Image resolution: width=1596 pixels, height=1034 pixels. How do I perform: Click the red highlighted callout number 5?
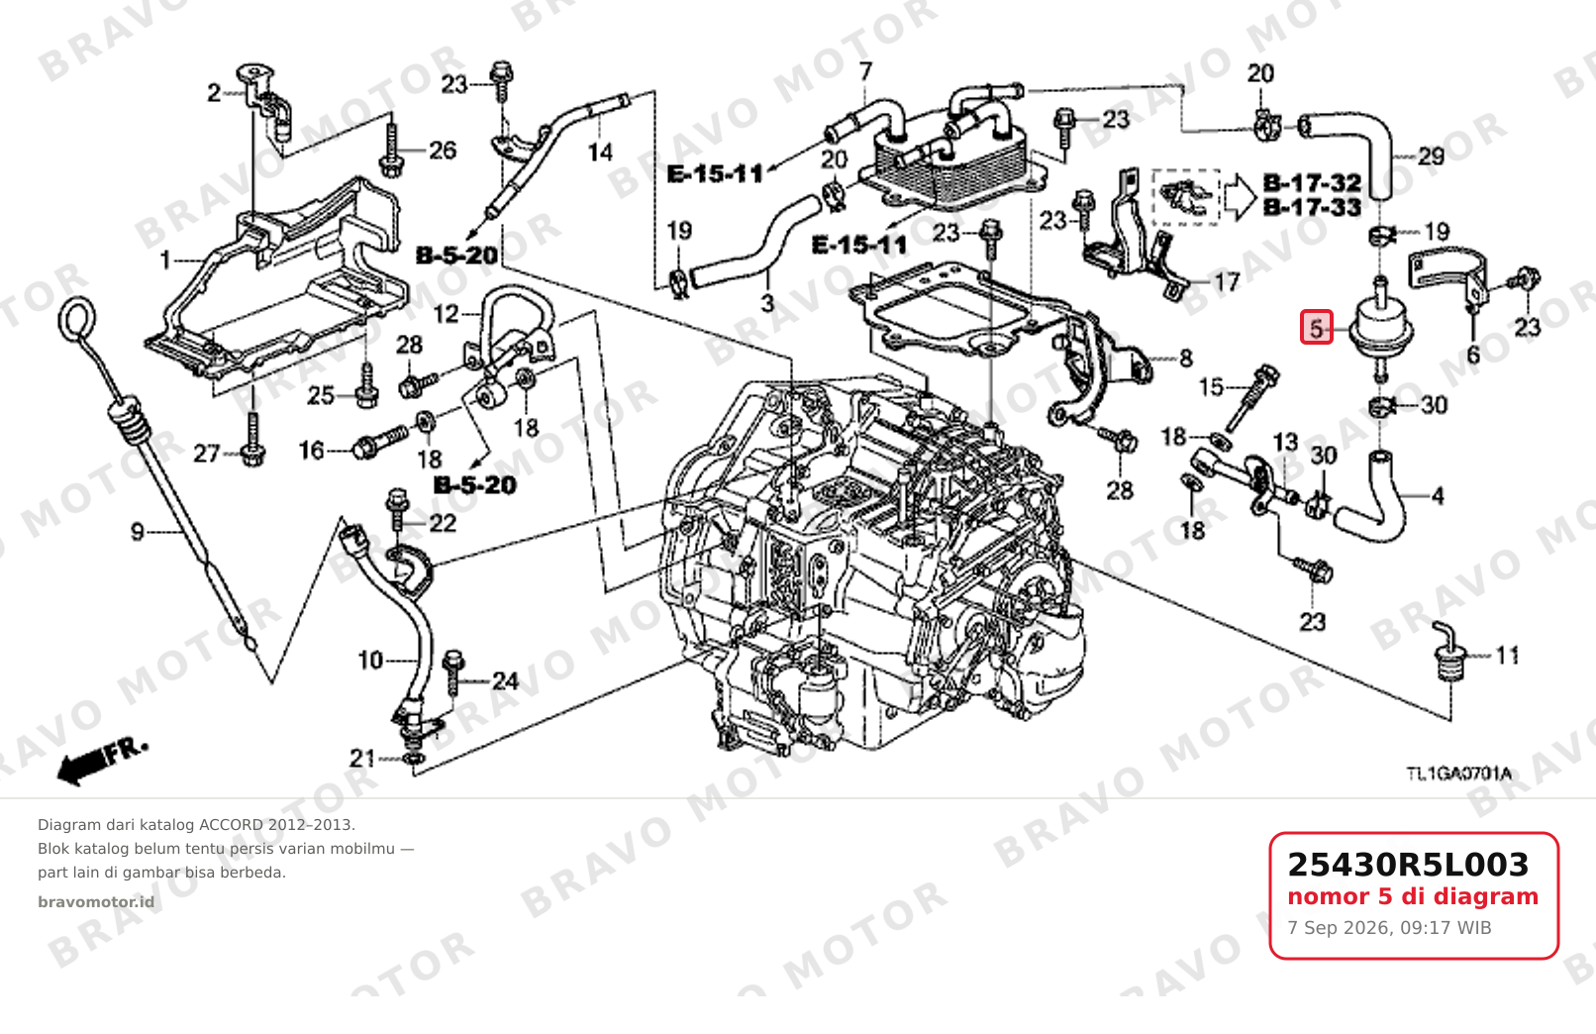tap(1316, 328)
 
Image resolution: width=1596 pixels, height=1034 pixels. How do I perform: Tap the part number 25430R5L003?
tap(1408, 865)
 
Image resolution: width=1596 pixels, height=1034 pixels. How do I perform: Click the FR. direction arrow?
tap(102, 762)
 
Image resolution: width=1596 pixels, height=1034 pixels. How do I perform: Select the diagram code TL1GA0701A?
tap(1458, 774)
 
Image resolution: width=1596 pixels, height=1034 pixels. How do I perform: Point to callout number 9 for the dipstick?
tap(138, 532)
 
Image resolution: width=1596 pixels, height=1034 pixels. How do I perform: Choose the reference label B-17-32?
tap(1313, 182)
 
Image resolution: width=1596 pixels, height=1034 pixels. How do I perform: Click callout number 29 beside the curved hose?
tap(1431, 156)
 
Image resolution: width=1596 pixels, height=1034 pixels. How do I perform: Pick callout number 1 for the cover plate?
tap(165, 260)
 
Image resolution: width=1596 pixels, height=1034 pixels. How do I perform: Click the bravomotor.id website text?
tap(95, 902)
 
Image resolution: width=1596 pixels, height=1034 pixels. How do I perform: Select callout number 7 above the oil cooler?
tap(865, 71)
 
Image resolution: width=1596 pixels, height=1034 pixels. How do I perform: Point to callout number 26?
tap(442, 150)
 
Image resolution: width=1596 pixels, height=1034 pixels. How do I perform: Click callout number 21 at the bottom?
tap(362, 759)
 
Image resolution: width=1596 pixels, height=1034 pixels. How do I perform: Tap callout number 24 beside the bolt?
tap(505, 681)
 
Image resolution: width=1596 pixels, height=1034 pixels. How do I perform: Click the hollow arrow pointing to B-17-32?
tap(1241, 197)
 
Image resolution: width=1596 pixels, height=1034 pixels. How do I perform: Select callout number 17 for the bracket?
tap(1227, 282)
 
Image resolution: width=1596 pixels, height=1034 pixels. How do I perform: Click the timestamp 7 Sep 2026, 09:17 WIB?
tap(1389, 928)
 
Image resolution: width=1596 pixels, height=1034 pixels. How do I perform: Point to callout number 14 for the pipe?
tap(600, 152)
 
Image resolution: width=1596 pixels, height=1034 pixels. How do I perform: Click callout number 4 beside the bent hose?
tap(1438, 495)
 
